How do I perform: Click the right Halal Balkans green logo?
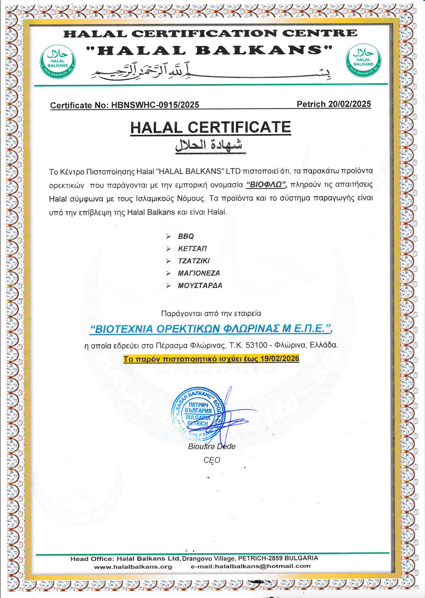point(363,61)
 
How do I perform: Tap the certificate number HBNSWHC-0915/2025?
point(155,105)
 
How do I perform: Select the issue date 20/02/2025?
point(349,104)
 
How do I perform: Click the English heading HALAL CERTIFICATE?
point(210,128)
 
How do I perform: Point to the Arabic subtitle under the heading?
point(209,145)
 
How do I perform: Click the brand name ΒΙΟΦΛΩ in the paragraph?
point(266,185)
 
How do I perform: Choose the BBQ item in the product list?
point(186,236)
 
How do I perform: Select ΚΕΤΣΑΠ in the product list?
point(192,249)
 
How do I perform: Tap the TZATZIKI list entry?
point(194,261)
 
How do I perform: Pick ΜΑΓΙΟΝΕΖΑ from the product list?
point(199,273)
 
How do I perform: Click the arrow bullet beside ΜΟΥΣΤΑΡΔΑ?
point(169,286)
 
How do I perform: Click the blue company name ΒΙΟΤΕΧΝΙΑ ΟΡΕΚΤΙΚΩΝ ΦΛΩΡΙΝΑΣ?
point(211,329)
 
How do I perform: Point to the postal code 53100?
point(256,345)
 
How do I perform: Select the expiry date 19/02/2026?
point(280,359)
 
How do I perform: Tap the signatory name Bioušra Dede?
point(212,446)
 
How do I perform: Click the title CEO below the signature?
point(212,460)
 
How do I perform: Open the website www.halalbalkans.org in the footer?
point(133,567)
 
